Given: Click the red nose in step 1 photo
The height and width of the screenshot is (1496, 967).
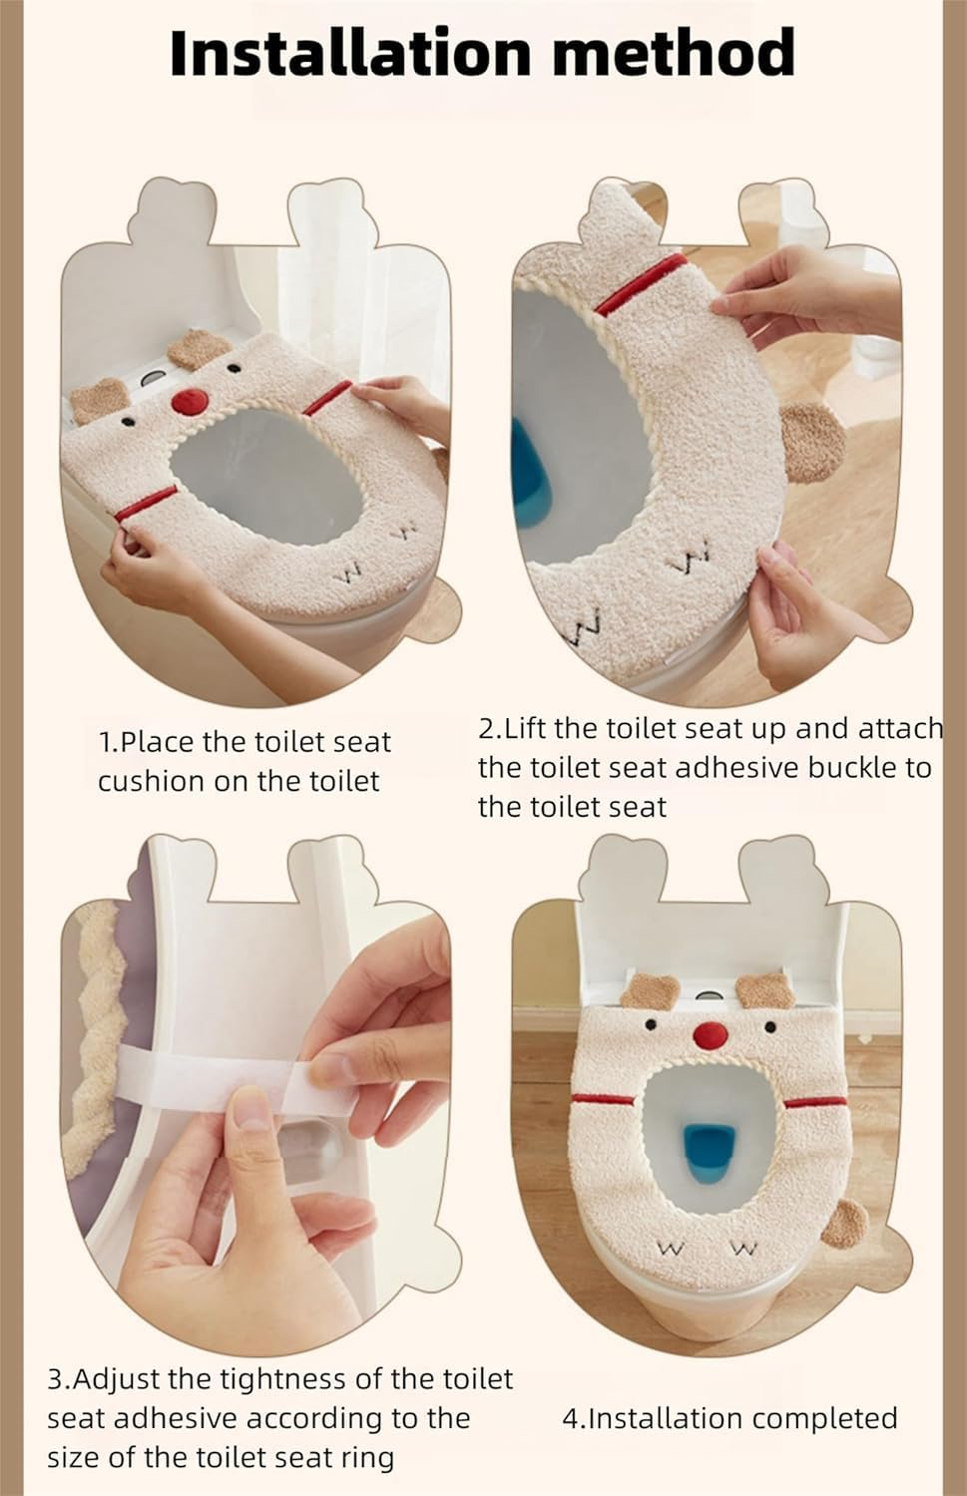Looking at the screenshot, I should click(187, 402).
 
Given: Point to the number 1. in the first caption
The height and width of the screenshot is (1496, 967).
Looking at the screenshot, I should click(109, 743).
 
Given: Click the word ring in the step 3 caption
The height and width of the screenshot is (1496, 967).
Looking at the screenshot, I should click(368, 1457).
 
